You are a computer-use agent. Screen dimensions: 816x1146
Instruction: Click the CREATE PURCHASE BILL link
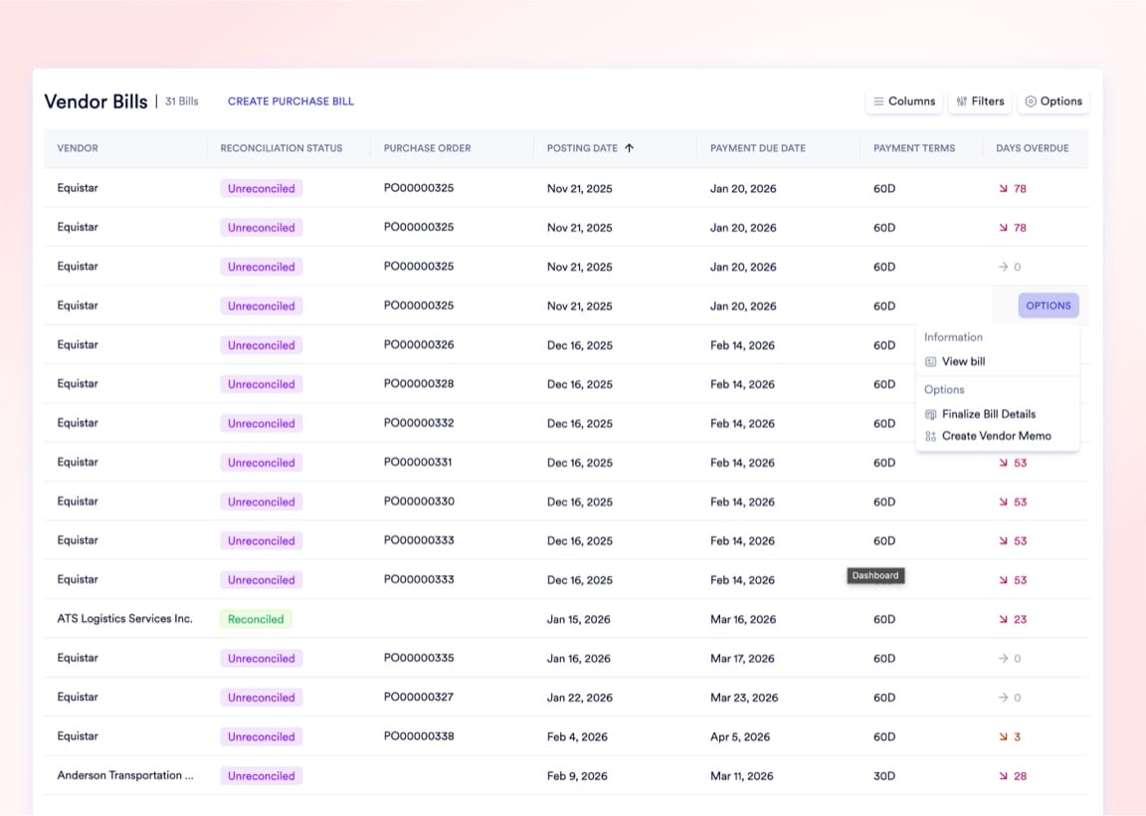click(x=290, y=102)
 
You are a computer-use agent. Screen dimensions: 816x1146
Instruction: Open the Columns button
click(x=903, y=102)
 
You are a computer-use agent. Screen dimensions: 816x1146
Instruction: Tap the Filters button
click(x=980, y=102)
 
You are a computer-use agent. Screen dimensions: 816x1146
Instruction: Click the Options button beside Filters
click(x=1053, y=102)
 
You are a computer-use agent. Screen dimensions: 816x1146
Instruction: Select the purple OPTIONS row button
click(x=1048, y=306)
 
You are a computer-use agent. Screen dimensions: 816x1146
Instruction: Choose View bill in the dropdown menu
click(x=963, y=361)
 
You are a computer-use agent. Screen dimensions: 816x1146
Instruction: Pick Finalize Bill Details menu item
click(x=988, y=414)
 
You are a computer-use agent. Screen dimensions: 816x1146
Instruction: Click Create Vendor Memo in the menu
click(x=996, y=436)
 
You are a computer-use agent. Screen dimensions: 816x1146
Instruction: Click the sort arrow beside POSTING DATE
click(x=629, y=148)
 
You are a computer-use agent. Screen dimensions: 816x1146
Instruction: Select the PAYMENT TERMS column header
click(x=913, y=148)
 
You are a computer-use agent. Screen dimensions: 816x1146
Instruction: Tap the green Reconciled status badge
click(x=256, y=619)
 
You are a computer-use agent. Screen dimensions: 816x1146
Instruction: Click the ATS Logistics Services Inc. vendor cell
click(x=124, y=619)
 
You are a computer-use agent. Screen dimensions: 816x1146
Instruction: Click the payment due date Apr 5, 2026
click(x=740, y=737)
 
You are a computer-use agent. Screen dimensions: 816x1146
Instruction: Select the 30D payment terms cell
click(x=884, y=776)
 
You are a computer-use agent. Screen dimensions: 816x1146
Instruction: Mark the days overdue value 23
click(x=1020, y=619)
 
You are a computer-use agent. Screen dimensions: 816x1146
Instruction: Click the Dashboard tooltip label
click(x=875, y=575)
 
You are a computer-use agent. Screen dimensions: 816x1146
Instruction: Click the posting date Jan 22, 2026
click(x=580, y=698)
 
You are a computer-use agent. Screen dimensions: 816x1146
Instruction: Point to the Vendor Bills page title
click(x=95, y=102)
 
